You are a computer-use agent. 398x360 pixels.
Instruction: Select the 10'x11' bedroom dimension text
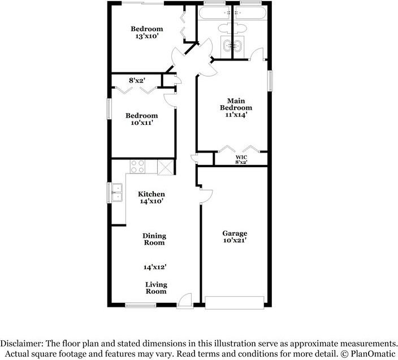click(141, 123)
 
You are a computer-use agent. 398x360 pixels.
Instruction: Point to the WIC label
click(241, 157)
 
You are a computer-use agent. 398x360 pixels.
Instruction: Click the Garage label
click(234, 233)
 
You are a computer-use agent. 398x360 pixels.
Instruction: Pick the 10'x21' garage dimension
click(234, 240)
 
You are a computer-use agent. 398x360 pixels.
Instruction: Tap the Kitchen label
click(152, 194)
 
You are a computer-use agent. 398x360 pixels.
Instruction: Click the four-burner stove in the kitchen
click(137, 166)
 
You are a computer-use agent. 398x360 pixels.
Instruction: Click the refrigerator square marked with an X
click(165, 167)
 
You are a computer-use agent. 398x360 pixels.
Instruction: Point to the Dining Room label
click(154, 239)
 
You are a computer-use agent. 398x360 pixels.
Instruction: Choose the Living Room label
click(156, 288)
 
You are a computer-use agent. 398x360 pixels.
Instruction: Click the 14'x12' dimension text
click(154, 267)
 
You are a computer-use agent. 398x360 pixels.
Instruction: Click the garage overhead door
click(234, 302)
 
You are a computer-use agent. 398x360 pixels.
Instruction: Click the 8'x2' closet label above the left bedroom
click(138, 80)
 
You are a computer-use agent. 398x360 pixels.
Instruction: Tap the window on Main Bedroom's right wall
click(270, 80)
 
